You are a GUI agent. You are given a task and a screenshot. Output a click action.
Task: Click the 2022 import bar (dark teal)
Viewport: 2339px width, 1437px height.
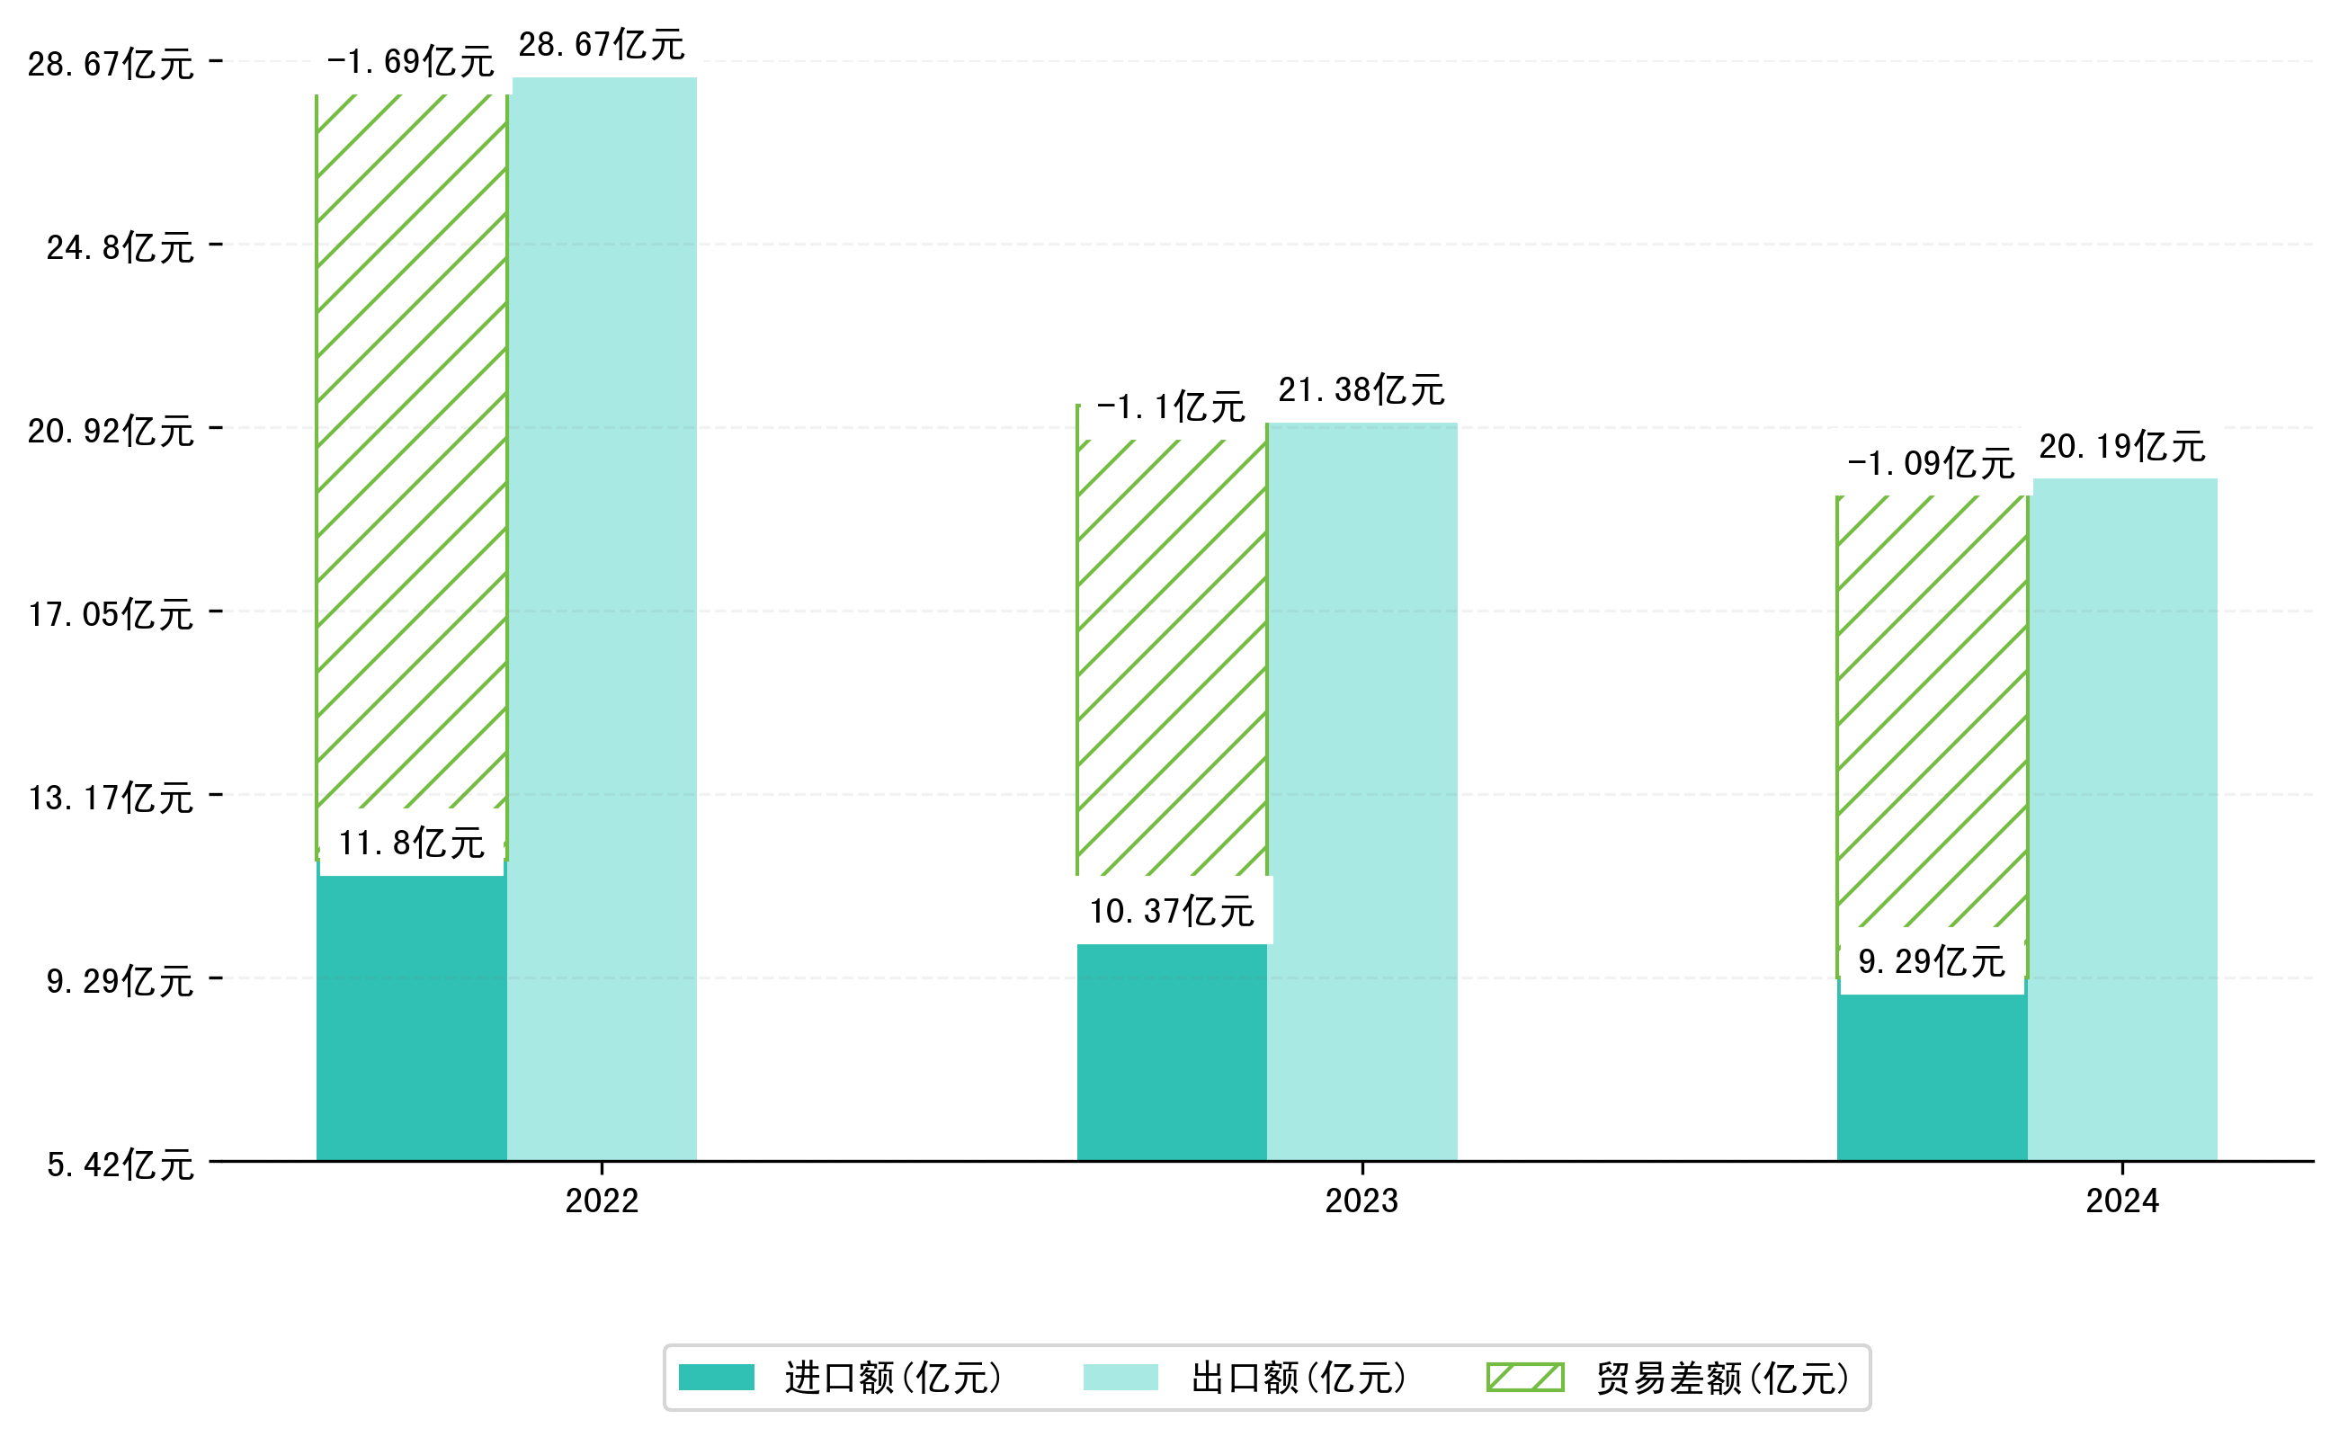pos(412,1017)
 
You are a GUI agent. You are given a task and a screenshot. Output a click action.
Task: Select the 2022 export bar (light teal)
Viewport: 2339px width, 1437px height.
pos(604,618)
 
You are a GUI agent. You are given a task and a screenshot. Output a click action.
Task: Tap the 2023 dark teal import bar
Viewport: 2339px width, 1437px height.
pos(1172,1052)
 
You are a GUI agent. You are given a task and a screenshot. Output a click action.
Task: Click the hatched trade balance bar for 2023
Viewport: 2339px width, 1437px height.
pos(1172,656)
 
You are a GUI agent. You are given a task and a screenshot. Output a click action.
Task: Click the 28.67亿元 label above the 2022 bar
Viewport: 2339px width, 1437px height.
pos(601,45)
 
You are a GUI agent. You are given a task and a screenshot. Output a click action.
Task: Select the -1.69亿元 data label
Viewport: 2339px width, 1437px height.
pos(411,62)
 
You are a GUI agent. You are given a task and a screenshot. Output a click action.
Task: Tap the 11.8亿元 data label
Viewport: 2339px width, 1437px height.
pos(412,843)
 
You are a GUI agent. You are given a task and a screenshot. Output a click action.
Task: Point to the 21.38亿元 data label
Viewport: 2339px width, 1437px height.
pos(1361,389)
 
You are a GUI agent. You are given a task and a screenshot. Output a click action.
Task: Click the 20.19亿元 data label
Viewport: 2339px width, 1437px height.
pos(2121,447)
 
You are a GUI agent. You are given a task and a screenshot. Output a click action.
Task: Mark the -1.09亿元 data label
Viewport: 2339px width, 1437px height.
pos(1931,464)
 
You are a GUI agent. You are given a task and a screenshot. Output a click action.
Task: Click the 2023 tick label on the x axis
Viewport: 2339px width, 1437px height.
pos(1362,1201)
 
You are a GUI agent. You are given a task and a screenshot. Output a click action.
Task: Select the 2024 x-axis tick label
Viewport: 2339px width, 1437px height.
pos(2122,1201)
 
